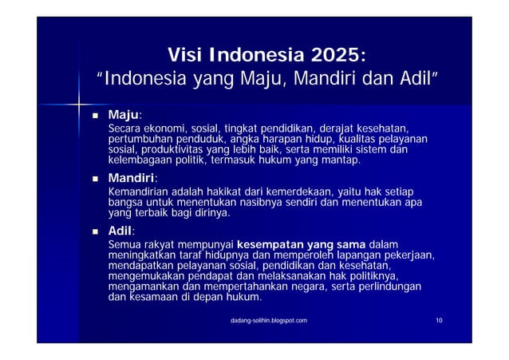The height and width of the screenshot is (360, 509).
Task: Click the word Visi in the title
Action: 185,56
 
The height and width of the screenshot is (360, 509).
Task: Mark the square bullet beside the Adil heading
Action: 95,231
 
